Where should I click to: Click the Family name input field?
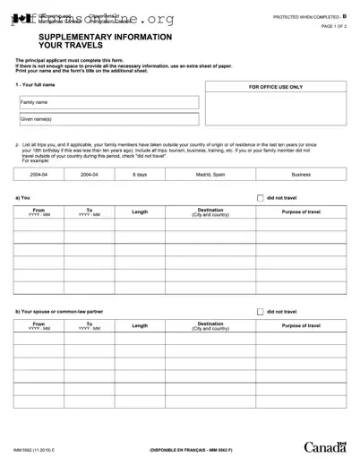pyautogui.click(x=107, y=102)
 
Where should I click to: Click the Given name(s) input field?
pyautogui.click(x=107, y=119)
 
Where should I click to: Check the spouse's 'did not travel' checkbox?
pyautogui.click(x=260, y=311)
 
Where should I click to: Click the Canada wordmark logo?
pyautogui.click(x=326, y=446)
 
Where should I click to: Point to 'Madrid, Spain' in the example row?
pyautogui.click(x=210, y=174)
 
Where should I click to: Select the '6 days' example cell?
pyautogui.click(x=140, y=174)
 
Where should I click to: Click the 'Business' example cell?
pyautogui.click(x=301, y=174)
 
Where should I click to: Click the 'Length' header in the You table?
pyautogui.click(x=140, y=211)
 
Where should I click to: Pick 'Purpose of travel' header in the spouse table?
pyautogui.click(x=301, y=325)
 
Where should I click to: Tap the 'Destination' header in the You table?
pyautogui.click(x=210, y=211)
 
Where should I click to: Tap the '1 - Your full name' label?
pyautogui.click(x=35, y=84)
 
